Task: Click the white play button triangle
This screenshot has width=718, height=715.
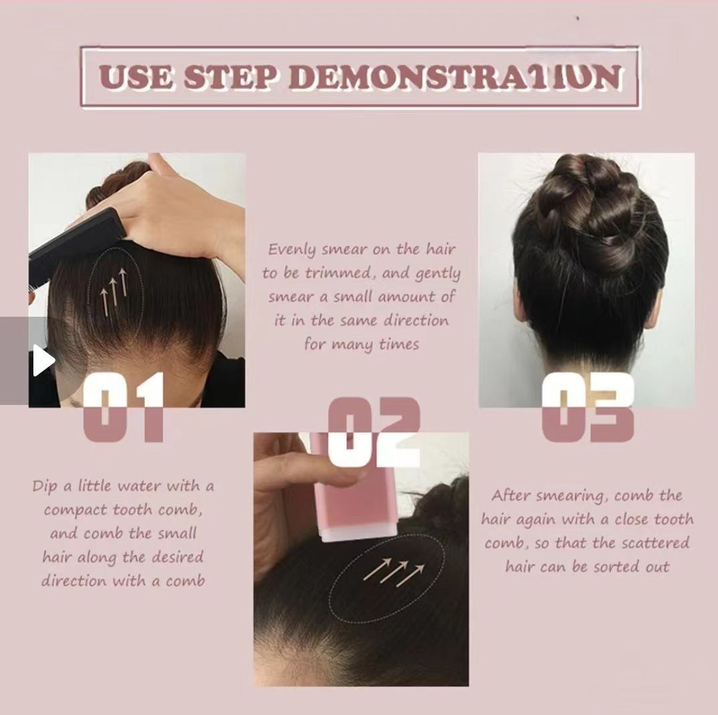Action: coord(42,362)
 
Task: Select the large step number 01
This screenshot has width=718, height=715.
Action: coord(124,407)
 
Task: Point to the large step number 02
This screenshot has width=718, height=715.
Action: coord(375,432)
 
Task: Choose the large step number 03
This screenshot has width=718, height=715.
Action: coord(587,407)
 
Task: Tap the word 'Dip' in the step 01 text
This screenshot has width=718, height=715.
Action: coord(44,486)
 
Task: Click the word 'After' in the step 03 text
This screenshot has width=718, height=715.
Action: coord(512,496)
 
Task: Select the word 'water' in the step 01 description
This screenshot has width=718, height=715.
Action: coord(136,486)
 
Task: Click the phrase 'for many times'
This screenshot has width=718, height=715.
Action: coord(361,345)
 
